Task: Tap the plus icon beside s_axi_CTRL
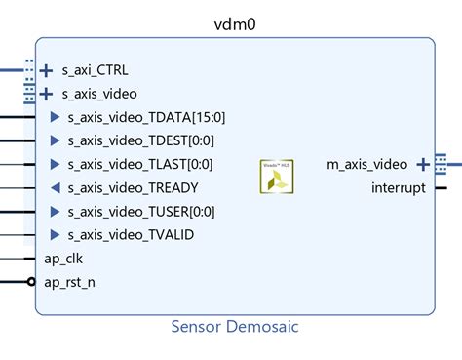(x=46, y=70)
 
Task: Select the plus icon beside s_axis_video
(x=46, y=95)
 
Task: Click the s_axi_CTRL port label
(x=95, y=70)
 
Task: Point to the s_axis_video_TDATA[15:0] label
(x=145, y=118)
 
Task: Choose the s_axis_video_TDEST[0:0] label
(x=141, y=141)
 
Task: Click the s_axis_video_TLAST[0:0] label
(x=141, y=165)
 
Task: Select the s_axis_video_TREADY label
(x=133, y=188)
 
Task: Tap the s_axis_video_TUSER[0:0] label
(x=142, y=212)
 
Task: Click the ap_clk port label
(x=65, y=259)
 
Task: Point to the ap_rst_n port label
(x=70, y=282)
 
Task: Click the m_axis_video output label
(x=367, y=164)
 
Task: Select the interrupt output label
(x=398, y=187)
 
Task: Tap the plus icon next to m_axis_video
(x=422, y=164)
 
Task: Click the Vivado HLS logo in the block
(x=275, y=176)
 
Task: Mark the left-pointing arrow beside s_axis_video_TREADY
(x=55, y=188)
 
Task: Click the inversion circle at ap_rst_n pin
(x=32, y=282)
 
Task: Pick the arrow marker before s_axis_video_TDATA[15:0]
(x=55, y=118)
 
